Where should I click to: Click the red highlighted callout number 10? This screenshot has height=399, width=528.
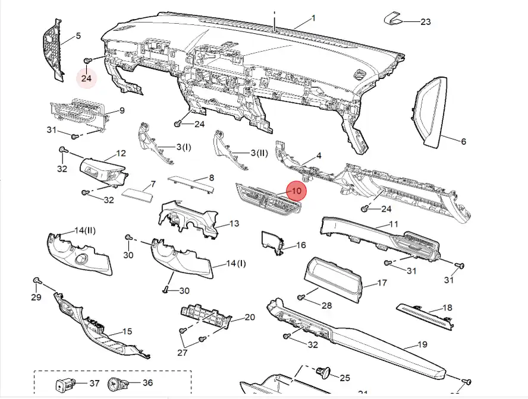(x=296, y=191)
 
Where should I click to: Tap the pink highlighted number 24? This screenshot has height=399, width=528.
(x=87, y=78)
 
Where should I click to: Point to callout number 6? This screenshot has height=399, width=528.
(x=463, y=141)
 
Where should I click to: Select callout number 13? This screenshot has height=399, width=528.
(x=234, y=223)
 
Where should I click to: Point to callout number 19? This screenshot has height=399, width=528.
(x=423, y=344)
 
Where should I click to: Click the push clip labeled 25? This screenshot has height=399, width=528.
(x=324, y=373)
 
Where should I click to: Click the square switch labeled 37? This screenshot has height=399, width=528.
(x=64, y=384)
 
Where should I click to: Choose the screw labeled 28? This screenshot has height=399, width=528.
(x=301, y=296)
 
